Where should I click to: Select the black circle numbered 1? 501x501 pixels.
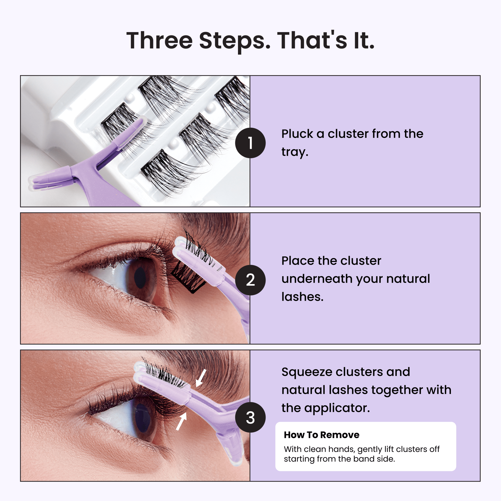(x=250, y=143)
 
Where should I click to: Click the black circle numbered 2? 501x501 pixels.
(x=250, y=280)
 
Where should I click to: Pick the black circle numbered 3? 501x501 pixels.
(x=250, y=417)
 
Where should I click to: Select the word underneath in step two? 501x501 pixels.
(x=317, y=279)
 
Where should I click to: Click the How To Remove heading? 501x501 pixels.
(x=322, y=435)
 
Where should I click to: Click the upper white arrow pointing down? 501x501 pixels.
(x=201, y=378)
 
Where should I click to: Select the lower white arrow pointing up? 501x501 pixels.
(x=181, y=421)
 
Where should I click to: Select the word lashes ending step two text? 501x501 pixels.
(x=302, y=297)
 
